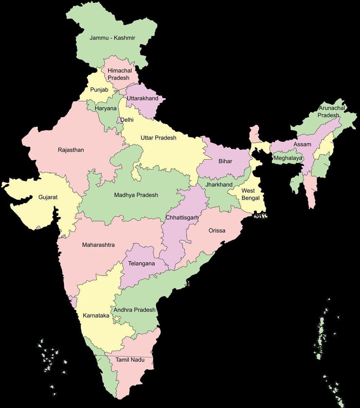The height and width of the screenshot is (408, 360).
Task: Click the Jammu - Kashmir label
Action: [112, 38]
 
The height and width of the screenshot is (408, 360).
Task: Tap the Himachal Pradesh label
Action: [119, 74]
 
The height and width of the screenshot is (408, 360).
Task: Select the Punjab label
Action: [99, 90]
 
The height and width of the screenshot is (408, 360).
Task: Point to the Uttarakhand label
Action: [142, 98]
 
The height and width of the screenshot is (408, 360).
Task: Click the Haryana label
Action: [105, 108]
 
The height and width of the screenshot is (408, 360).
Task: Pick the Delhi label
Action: [127, 120]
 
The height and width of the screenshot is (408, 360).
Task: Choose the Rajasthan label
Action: [71, 150]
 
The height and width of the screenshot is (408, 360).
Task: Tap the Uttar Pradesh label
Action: [158, 138]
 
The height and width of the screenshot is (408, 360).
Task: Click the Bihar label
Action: [225, 161]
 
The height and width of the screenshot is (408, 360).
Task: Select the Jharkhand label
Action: [219, 185]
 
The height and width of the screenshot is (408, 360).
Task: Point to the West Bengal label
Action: [251, 194]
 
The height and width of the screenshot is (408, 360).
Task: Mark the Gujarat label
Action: [48, 197]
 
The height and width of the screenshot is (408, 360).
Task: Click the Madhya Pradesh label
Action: [136, 195]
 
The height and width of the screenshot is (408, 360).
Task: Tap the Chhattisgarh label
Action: [182, 217]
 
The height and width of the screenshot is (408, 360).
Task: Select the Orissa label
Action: [217, 231]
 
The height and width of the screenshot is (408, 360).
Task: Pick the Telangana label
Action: [141, 263]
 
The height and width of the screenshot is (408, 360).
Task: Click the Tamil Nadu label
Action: [130, 359]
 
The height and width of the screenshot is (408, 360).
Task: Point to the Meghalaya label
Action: [288, 158]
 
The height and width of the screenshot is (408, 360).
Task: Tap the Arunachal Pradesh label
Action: [331, 112]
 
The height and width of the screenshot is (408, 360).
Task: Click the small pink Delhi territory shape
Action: [119, 120]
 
